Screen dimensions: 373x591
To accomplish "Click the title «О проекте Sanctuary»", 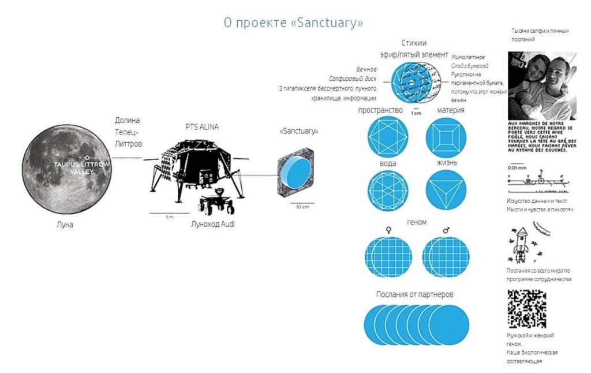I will point(293,23).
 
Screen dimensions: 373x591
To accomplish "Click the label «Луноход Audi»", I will point(213,224).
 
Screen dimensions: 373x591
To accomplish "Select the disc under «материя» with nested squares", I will point(446,137).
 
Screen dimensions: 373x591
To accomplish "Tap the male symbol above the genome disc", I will point(445,230).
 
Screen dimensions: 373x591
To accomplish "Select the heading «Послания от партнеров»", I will point(414,294).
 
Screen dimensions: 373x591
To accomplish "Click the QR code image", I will point(526,308).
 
